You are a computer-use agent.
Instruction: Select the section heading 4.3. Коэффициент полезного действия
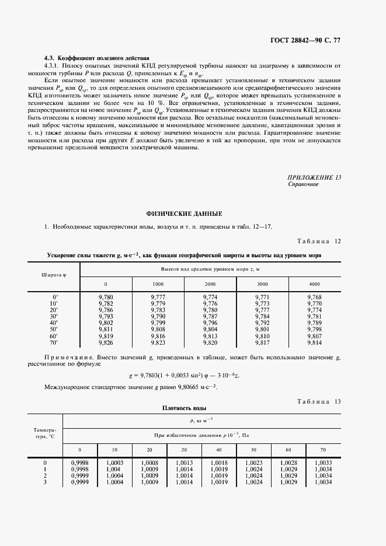point(97,58)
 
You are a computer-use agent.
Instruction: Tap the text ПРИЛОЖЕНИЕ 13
point(314,177)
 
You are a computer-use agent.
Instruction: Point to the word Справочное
point(303,184)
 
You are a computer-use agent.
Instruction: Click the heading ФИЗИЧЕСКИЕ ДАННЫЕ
point(192,214)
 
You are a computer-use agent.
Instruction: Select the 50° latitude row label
point(54,330)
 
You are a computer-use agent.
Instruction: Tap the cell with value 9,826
point(106,342)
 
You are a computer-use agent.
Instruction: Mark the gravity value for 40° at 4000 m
point(314,323)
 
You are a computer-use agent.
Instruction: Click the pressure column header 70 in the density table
point(324,450)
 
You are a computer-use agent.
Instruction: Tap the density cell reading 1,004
point(115,469)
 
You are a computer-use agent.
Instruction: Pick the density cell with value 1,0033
point(324,463)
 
